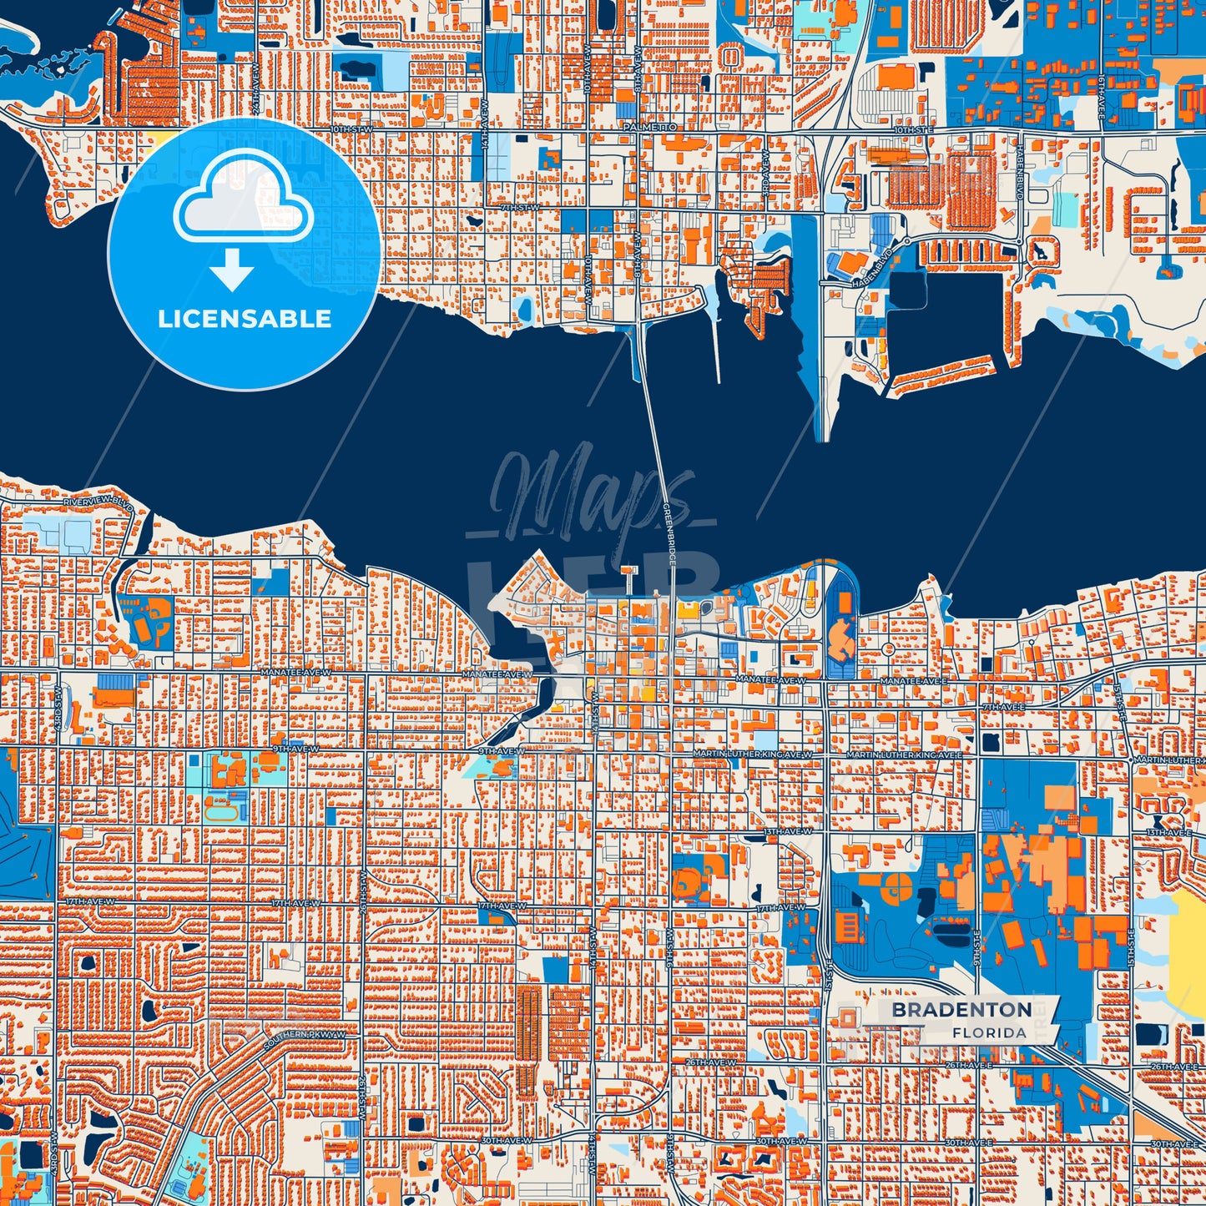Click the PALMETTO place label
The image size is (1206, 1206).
point(649,127)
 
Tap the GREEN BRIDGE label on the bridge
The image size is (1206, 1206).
point(669,534)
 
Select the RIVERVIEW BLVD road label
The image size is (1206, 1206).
point(98,503)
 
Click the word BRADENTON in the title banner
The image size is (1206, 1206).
point(961,1010)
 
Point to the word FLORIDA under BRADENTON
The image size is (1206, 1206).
point(989,1033)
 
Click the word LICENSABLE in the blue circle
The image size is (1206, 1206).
point(245,319)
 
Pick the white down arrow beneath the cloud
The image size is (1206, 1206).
point(232,271)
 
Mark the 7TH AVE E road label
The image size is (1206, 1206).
point(1003,707)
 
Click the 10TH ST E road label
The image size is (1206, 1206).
point(911,131)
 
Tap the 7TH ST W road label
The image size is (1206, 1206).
point(517,207)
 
